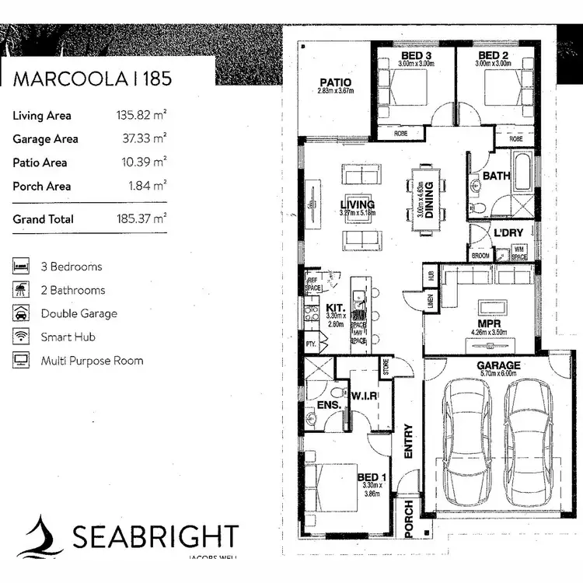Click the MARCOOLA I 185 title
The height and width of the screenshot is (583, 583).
coord(92,78)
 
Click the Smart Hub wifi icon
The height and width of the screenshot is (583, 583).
coord(20,337)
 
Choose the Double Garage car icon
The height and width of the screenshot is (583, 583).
coord(20,313)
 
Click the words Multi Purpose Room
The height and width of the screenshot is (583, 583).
coord(92,361)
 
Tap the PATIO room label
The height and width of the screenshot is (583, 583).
coord(335,82)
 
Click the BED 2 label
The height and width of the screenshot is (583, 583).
coord(493,56)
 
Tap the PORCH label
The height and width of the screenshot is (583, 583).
coord(408,518)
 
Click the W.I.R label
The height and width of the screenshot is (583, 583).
coord(363,396)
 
